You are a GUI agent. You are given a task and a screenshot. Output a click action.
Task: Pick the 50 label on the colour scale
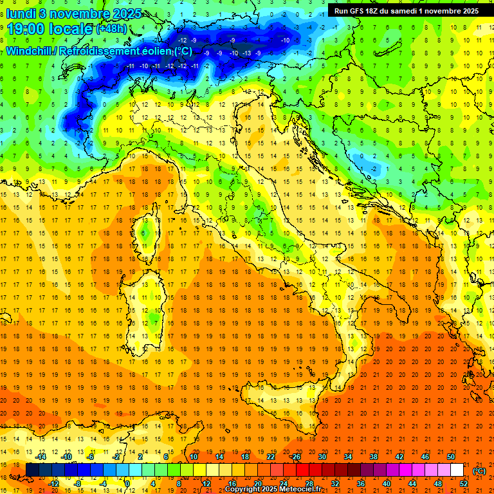451,457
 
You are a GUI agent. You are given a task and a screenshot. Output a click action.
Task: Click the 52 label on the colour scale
464,484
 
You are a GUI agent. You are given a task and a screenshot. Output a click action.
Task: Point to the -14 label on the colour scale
42,457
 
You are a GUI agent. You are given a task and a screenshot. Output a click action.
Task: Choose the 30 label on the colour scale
322,457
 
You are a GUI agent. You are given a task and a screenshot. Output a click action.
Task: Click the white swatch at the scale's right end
457,470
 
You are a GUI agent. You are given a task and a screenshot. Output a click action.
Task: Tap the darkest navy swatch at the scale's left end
32,470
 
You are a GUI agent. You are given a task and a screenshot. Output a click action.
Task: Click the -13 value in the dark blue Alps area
246,53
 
